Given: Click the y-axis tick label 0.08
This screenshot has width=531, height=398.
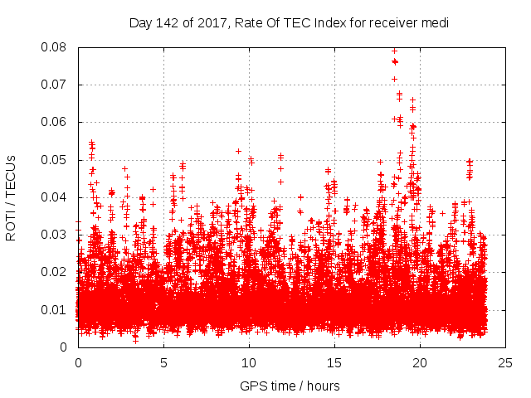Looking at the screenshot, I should (x=58, y=47).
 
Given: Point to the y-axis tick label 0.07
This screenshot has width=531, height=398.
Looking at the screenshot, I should (x=58, y=85).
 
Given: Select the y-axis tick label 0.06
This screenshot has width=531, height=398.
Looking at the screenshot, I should (x=58, y=122).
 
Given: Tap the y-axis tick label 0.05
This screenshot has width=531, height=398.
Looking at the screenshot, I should (x=58, y=159).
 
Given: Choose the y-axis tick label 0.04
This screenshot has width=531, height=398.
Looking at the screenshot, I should (x=58, y=197).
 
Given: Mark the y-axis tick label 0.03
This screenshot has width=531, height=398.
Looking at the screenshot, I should (x=58, y=235).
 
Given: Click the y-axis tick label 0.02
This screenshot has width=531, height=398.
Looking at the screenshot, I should (x=58, y=272).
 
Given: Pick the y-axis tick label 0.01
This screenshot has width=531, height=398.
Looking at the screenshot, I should (x=58, y=310).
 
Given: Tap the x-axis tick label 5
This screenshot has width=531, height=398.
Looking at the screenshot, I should (x=163, y=362).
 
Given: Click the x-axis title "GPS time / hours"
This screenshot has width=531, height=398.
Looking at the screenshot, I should (x=290, y=386).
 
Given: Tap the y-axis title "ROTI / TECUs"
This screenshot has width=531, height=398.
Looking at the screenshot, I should (x=11, y=197).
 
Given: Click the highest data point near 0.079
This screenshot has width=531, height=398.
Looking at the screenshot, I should (x=394, y=51).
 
